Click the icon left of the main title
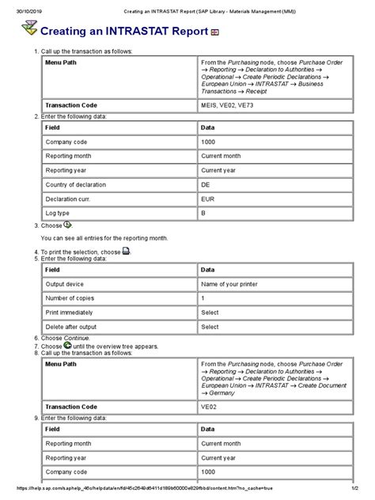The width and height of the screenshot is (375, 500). (x=28, y=30)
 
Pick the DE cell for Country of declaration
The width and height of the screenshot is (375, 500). (x=206, y=184)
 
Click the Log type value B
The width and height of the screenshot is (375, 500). (x=204, y=213)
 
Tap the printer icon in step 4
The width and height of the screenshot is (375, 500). (x=127, y=252)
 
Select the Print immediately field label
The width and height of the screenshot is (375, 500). (x=72, y=312)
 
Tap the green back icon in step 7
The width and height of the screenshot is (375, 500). (x=67, y=345)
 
